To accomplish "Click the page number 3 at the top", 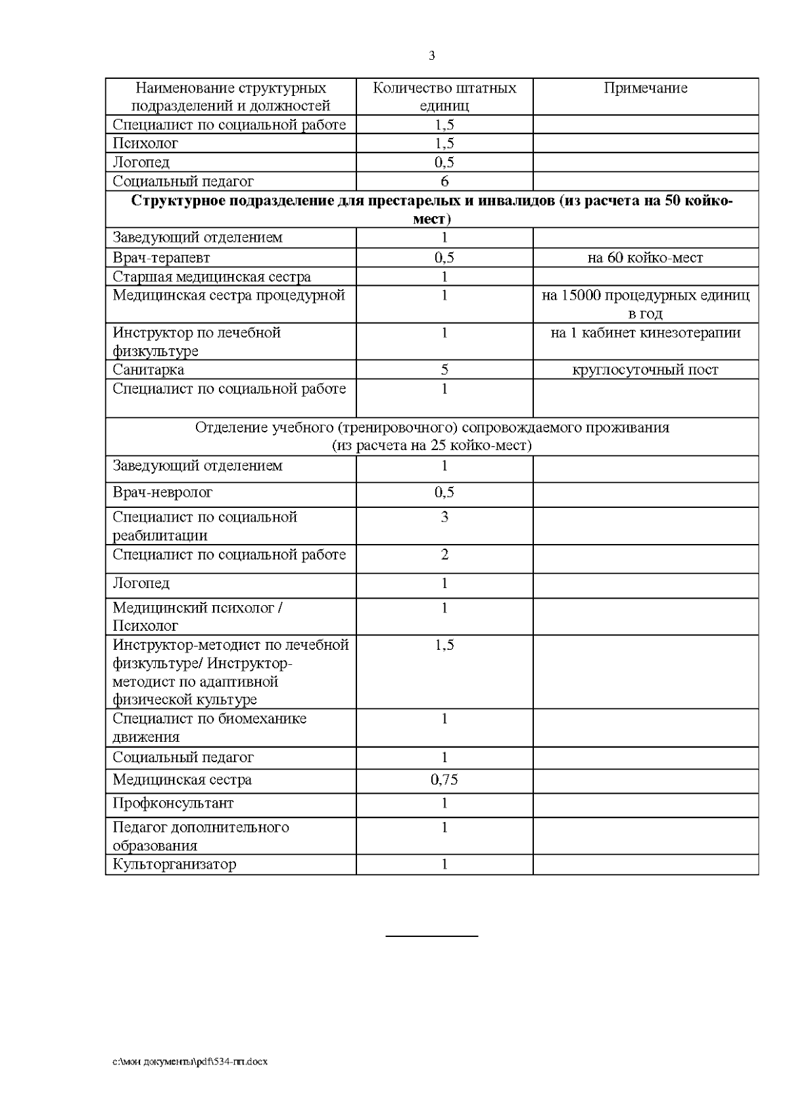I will coord(431,56).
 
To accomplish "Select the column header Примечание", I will coord(645,88).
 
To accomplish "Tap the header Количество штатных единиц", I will coord(444,97).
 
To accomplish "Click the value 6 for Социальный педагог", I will coord(444,181).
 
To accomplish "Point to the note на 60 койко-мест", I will coord(645,258).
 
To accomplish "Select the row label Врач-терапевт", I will coord(162,258).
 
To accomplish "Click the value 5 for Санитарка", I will coord(444,370).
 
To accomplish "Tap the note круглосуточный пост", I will coord(645,370).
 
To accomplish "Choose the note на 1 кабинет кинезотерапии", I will coord(645,332).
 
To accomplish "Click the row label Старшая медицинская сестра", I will coord(212,277).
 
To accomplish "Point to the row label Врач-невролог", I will coord(163,493).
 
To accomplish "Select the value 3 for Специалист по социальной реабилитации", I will coord(444,517).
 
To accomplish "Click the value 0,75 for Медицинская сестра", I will coord(444,780).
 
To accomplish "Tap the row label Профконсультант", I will coord(173,804).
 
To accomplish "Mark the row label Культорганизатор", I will coord(174,864).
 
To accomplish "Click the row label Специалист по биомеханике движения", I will coord(209,727).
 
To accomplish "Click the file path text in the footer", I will coord(190,1061).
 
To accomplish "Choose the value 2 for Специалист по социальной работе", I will coord(444,555).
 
